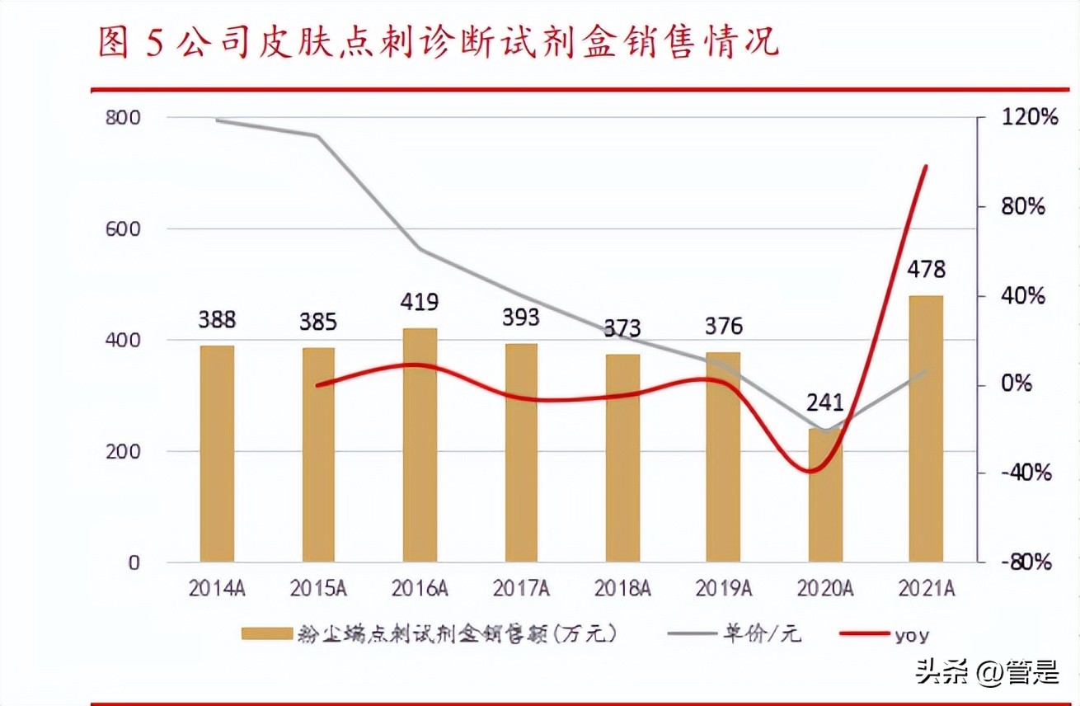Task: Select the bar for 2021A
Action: (x=926, y=429)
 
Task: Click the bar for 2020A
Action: (x=825, y=495)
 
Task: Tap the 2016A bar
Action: (x=420, y=445)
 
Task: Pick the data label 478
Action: (x=926, y=270)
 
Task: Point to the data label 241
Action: (x=825, y=402)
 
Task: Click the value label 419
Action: (x=420, y=301)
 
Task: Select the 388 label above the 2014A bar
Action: (x=217, y=318)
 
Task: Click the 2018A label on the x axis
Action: (x=622, y=588)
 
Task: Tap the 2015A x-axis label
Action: (x=318, y=588)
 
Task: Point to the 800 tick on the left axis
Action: (x=123, y=117)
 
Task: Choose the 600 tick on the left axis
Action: (x=123, y=228)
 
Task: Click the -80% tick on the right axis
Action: (x=1027, y=562)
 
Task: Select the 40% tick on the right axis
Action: (x=1022, y=295)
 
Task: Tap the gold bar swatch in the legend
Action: (x=266, y=634)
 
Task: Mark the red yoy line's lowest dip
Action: (x=812, y=471)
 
